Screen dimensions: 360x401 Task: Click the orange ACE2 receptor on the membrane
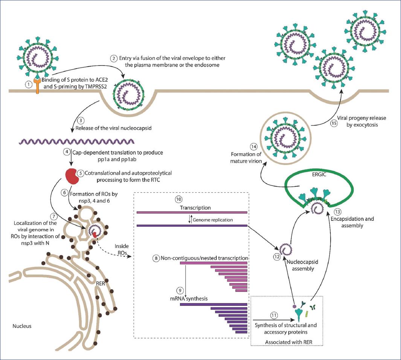click(38, 86)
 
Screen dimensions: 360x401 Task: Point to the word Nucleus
click(21, 326)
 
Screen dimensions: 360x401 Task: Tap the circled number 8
click(156, 259)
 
